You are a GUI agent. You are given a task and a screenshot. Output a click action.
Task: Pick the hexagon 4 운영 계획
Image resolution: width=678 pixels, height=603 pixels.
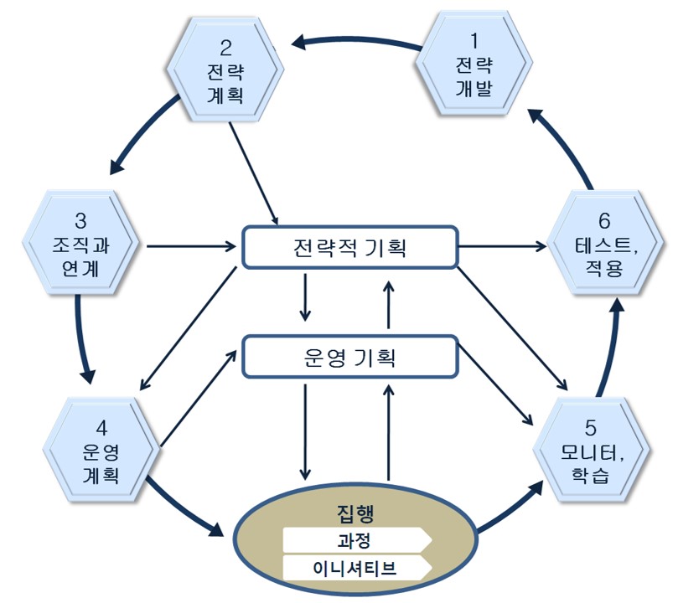coord(101,452)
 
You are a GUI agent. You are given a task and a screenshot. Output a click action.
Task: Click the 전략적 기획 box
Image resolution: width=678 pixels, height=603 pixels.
coord(350,248)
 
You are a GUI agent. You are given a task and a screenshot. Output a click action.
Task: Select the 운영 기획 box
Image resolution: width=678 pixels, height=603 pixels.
coord(350,358)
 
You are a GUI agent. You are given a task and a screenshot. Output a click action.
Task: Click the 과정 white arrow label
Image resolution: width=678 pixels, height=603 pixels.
coord(355,539)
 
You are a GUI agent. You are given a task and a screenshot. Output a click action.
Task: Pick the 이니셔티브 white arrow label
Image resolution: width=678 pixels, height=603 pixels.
coord(355,569)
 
